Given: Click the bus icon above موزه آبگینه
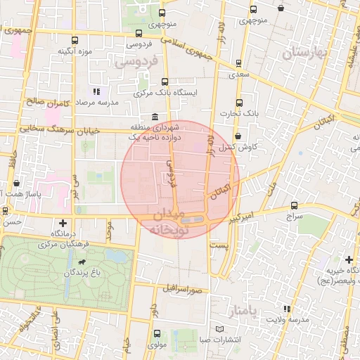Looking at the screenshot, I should click(x=75, y=40).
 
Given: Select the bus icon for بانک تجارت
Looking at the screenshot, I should click(x=239, y=102).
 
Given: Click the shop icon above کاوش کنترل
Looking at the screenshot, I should click(x=238, y=136).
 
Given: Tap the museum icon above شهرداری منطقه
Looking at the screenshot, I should click(x=155, y=117).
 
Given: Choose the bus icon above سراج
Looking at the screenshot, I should click(x=294, y=206).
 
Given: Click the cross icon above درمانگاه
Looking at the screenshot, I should click(x=63, y=224).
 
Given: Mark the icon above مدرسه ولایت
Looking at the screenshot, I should click(x=285, y=309).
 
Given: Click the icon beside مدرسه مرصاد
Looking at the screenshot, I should click(x=96, y=91).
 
